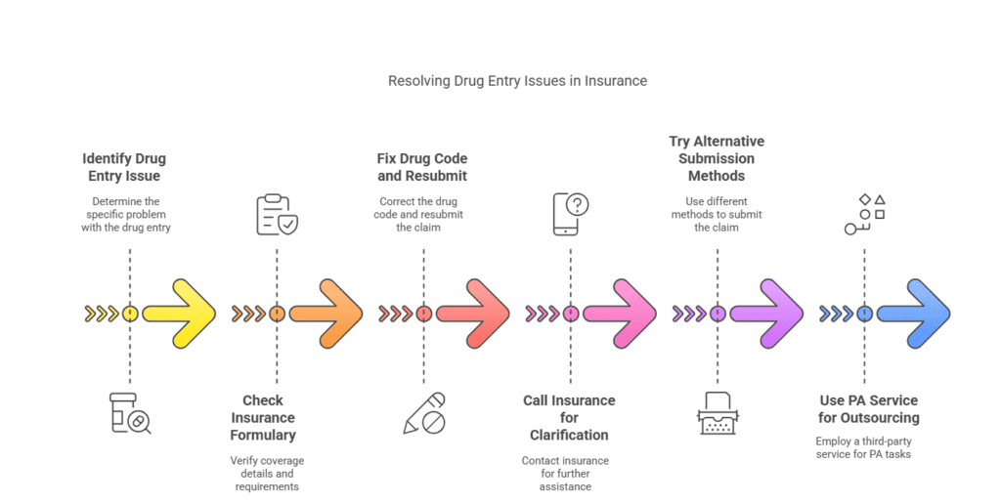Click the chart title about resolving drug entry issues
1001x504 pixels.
point(517,81)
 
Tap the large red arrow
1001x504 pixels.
point(473,314)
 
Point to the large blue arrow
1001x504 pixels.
point(913,314)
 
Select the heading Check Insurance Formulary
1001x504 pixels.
point(263,417)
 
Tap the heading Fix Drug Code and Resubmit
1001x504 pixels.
point(422,167)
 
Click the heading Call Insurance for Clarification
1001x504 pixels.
point(569,417)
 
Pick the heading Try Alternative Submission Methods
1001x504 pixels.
point(717,158)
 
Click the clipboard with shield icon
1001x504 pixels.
point(277,215)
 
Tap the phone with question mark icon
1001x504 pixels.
point(572,213)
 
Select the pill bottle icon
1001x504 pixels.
point(130,412)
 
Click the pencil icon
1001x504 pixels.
point(424,413)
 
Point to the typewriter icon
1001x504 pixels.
point(718,412)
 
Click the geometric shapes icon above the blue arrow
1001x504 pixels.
point(865,214)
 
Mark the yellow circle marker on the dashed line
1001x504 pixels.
point(130,314)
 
